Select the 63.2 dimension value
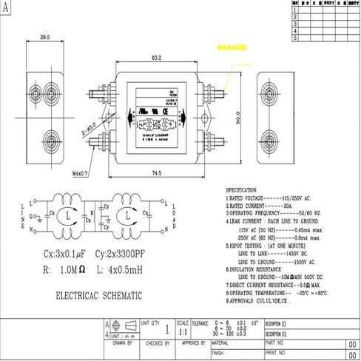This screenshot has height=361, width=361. pos(156,58)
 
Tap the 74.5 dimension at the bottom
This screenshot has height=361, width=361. pos(156,172)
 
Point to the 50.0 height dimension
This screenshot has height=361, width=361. pos(239,118)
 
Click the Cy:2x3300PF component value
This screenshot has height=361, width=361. pos(141,253)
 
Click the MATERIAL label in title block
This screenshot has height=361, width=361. pos(220,343)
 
